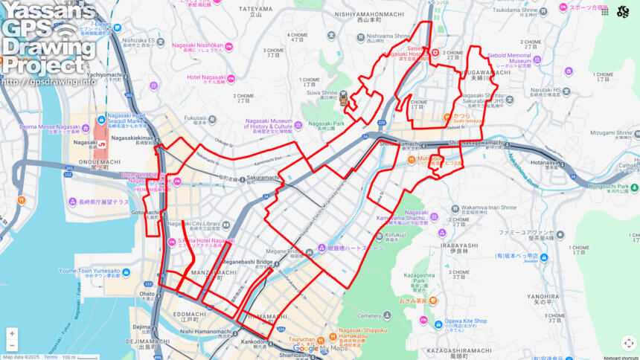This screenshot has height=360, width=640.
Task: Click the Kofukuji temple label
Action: point(395,234)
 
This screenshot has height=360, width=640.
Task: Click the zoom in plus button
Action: point(12,333)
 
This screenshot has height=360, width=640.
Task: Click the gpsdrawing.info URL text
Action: point(49,81)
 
